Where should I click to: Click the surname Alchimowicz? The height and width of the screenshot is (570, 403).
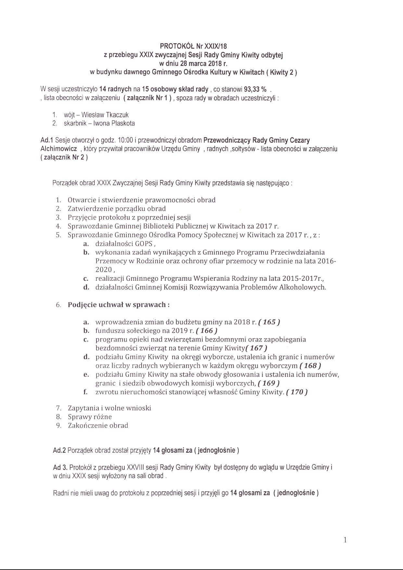pyautogui.click(x=58, y=149)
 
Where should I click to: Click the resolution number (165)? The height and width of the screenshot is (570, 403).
pyautogui.click(x=269, y=322)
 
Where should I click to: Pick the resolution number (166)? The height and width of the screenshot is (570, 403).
pyautogui.click(x=207, y=331)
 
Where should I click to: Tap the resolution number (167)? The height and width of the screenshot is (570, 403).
pyautogui.click(x=256, y=348)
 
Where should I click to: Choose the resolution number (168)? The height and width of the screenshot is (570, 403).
pyautogui.click(x=310, y=366)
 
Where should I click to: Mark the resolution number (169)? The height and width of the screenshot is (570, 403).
pyautogui.click(x=269, y=383)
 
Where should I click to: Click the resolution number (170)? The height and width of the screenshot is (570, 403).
pyautogui.click(x=296, y=392)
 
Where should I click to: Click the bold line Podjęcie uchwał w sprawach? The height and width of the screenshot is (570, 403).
pyautogui.click(x=119, y=305)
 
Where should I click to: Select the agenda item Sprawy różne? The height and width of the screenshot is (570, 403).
pyautogui.click(x=90, y=417)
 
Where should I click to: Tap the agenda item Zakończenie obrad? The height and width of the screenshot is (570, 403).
pyautogui.click(x=98, y=425)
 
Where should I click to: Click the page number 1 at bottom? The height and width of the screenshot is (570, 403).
pyautogui.click(x=345, y=540)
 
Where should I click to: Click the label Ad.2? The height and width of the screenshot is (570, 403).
pyautogui.click(x=59, y=451)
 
